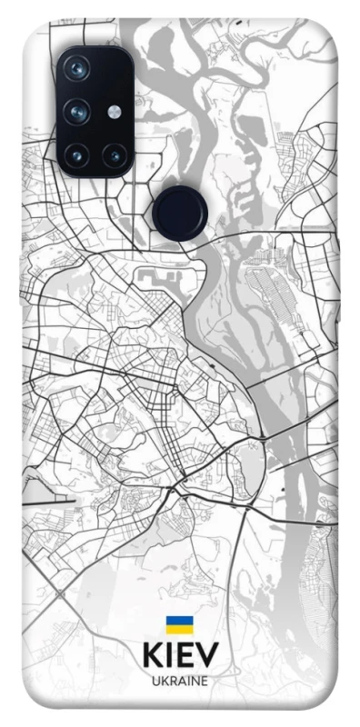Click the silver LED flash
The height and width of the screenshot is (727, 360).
115,112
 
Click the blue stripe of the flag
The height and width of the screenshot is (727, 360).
179,621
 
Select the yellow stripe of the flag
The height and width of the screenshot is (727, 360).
179,629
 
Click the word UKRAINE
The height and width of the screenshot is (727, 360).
179,680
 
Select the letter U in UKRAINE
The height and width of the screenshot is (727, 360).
155,680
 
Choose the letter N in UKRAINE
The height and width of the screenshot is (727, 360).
195,680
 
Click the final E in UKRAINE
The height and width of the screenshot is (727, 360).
205,680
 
